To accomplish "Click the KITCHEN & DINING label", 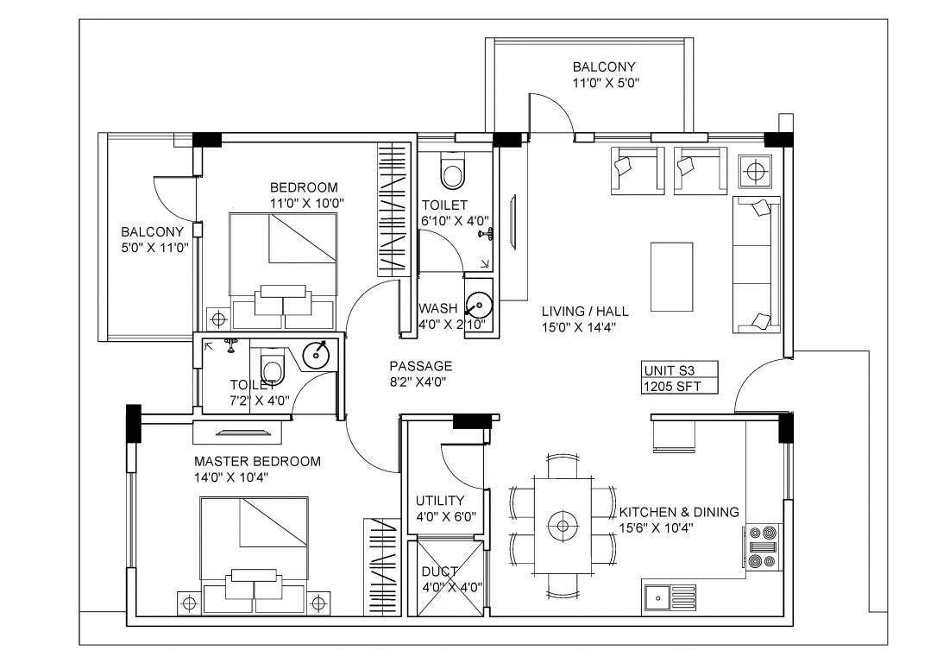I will tap(678, 512).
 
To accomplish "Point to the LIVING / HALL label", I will tap(585, 311).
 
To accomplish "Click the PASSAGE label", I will tap(420, 366).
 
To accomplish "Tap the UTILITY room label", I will tap(439, 501).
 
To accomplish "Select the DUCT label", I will tap(439, 571).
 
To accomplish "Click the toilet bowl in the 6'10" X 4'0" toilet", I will tap(452, 171).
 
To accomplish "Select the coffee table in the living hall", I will tap(671, 276).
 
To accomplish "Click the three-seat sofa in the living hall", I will tap(756, 264).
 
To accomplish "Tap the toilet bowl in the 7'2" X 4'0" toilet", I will tap(271, 369).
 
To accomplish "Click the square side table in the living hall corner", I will tap(757, 171).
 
